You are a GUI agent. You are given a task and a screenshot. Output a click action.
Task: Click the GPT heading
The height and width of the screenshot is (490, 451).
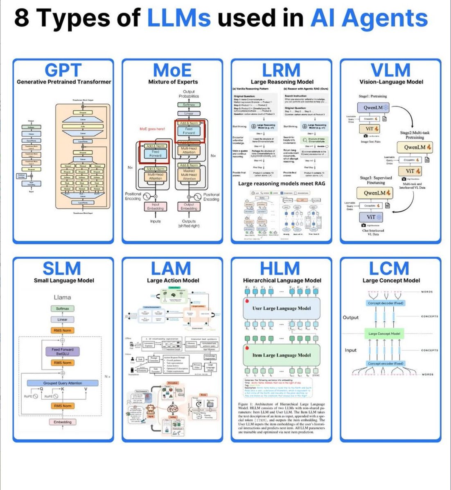[63, 70]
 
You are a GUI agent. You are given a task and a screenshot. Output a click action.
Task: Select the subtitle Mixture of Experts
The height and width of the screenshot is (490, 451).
[173, 82]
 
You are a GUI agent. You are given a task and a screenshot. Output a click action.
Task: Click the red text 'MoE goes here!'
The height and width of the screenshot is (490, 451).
[152, 129]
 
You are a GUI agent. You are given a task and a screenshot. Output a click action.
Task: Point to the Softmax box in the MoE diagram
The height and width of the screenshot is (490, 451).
[189, 105]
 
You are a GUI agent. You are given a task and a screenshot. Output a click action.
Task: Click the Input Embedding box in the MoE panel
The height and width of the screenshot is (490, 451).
[156, 206]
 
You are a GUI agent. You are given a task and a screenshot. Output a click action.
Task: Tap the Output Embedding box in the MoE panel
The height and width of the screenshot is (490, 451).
[189, 206]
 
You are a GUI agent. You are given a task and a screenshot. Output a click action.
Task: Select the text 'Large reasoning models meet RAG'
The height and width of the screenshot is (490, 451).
[282, 183]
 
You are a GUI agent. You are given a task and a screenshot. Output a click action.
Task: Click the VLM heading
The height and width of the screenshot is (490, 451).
[391, 70]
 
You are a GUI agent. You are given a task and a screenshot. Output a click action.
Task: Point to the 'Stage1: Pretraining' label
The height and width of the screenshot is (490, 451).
[373, 96]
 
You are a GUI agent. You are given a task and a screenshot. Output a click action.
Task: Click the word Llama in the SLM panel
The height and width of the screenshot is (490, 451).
[63, 297]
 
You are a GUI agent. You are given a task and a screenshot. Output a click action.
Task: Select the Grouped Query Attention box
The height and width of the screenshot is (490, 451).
[63, 383]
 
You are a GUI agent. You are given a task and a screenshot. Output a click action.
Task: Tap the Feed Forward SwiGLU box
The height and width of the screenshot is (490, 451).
[63, 351]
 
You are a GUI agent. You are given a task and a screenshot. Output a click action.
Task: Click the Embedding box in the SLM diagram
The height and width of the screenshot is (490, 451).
[63, 422]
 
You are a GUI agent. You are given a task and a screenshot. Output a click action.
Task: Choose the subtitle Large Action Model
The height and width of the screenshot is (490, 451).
[173, 280]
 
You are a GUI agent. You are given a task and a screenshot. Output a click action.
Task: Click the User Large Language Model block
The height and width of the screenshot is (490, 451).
[282, 309]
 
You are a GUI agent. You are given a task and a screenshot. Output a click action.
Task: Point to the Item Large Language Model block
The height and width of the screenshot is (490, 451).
[282, 355]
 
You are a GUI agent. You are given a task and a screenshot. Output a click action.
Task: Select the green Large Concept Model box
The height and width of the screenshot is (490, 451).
[384, 334]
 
